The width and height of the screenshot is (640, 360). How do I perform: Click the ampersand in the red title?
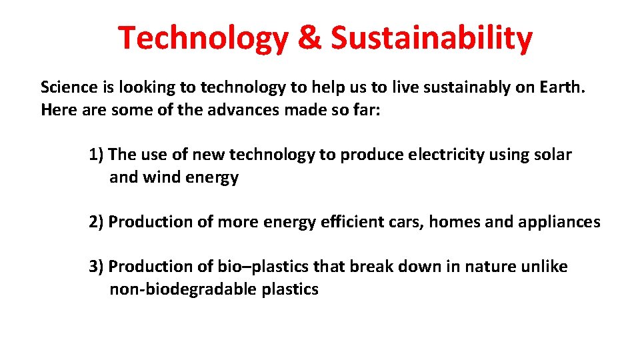point(309,38)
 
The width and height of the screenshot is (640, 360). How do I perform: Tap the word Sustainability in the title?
point(432,38)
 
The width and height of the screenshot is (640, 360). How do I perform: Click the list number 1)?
point(96,155)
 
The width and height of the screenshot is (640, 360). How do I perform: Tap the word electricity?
point(445,155)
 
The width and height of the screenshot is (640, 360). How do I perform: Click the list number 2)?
point(96,221)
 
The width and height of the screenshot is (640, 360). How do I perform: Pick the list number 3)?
point(96,267)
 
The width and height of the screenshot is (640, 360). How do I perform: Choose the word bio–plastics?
point(263,267)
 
